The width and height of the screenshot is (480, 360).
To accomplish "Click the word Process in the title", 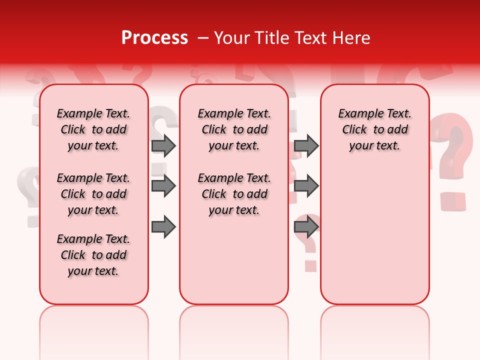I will [154, 37].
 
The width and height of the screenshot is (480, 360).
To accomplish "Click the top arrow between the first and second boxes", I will [163, 145].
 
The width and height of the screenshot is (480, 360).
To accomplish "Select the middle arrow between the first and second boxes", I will [163, 186].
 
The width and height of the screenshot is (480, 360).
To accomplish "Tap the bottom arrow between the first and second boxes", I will [163, 227].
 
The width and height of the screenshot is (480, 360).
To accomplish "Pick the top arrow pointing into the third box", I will [306, 145].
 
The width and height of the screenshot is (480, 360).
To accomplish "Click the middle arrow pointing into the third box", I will [306, 186].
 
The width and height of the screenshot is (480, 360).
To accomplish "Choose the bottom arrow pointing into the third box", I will [306, 227].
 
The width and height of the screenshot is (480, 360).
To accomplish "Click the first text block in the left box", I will [93, 129].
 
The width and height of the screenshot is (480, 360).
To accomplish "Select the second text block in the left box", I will [93, 194].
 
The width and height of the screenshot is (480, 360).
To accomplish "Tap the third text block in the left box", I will [93, 255].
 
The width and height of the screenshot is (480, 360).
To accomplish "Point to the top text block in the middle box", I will [234, 129].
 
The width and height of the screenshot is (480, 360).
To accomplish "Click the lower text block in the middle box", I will [234, 194].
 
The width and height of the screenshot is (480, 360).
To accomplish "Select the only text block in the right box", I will [374, 129].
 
